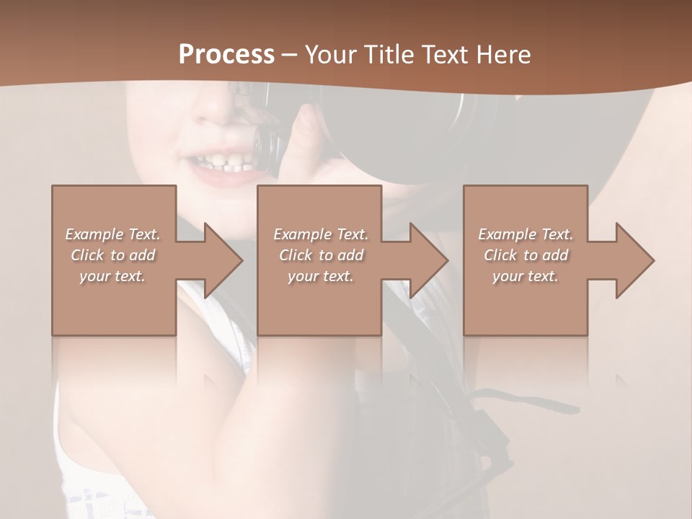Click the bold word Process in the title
226,55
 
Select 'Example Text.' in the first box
113,234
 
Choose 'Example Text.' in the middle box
321,234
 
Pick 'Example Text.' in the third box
525,234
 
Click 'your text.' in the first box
112,276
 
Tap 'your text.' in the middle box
321,276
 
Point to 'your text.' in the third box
525,276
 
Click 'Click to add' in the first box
113,255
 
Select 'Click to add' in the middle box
321,255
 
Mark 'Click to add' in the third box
525,255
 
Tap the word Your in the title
329,55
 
